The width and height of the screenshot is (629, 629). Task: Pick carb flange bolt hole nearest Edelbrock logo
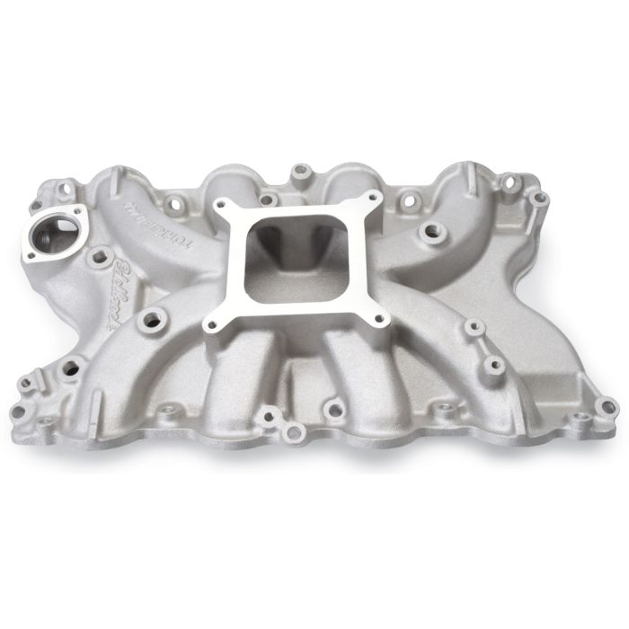tap(211, 324)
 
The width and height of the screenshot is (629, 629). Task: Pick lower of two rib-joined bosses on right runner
tap(492, 365)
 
